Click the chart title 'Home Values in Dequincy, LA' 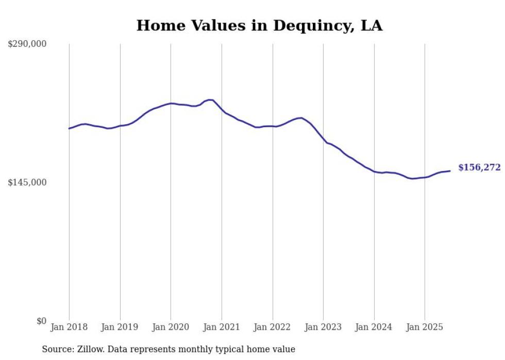tap(259, 26)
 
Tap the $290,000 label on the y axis tap(27, 44)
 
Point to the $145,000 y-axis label tap(27, 182)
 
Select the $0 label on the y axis tap(41, 321)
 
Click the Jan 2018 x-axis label tap(69, 327)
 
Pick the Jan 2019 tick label tap(120, 327)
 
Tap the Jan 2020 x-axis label tap(171, 327)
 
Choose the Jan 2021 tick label tap(222, 327)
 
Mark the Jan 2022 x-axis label tap(273, 327)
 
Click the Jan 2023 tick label tap(323, 327)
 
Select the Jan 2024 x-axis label tap(374, 327)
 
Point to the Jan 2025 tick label tap(425, 327)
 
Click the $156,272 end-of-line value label tap(479, 167)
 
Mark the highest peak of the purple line tap(210, 99)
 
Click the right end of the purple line tap(450, 171)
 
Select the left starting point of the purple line tap(69, 128)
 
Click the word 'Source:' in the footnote tap(57, 349)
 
